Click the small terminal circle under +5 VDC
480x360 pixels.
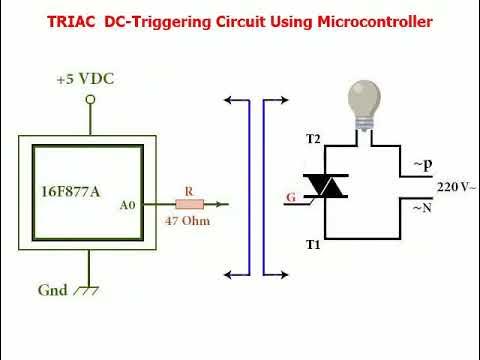[x=91, y=98]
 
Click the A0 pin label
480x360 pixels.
[x=126, y=205]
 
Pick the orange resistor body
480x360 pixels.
[x=189, y=204]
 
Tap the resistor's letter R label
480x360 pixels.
[x=189, y=190]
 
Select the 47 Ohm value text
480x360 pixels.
[x=188, y=220]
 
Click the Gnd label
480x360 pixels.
[x=52, y=290]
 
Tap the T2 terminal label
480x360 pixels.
[x=312, y=138]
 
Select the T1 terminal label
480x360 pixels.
[x=312, y=243]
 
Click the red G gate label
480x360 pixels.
[x=290, y=197]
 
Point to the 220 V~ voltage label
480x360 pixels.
[x=456, y=186]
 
